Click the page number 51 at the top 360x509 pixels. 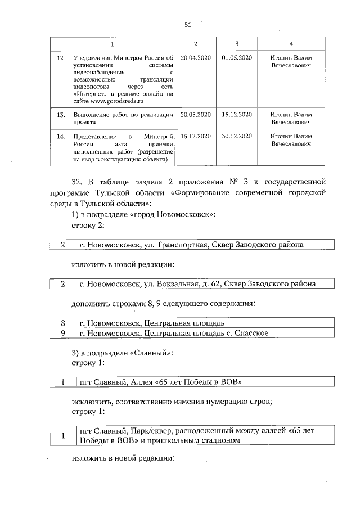pos(188,24)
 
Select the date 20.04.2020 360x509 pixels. pos(195,57)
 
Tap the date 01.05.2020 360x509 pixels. pos(238,57)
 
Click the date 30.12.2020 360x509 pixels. pos(238,137)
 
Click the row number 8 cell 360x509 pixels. pos(64,323)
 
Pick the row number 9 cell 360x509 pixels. pos(64,333)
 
